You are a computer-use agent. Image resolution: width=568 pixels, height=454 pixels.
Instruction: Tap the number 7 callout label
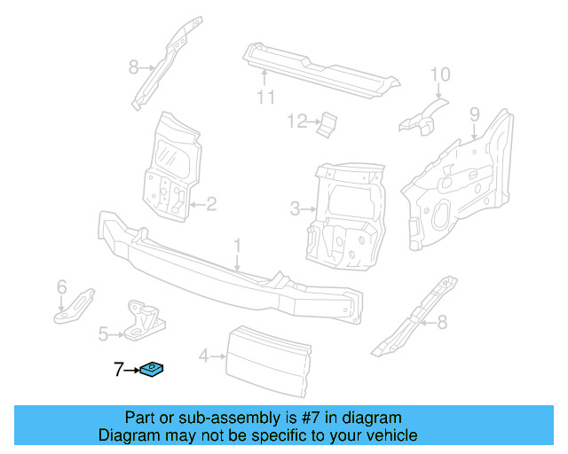pyautogui.click(x=117, y=369)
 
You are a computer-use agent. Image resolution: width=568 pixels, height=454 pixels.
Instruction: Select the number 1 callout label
pyautogui.click(x=237, y=244)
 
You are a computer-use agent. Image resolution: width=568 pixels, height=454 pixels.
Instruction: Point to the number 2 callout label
pyautogui.click(x=211, y=205)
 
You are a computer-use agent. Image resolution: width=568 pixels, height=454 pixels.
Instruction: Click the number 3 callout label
pyautogui.click(x=295, y=209)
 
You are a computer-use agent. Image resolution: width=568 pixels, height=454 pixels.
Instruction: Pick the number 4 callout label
pyautogui.click(x=203, y=356)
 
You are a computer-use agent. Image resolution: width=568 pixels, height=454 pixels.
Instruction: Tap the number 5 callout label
pyautogui.click(x=103, y=334)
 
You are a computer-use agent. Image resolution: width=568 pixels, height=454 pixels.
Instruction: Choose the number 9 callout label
pyautogui.click(x=474, y=113)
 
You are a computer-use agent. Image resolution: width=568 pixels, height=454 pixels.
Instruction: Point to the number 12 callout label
pyautogui.click(x=296, y=121)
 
